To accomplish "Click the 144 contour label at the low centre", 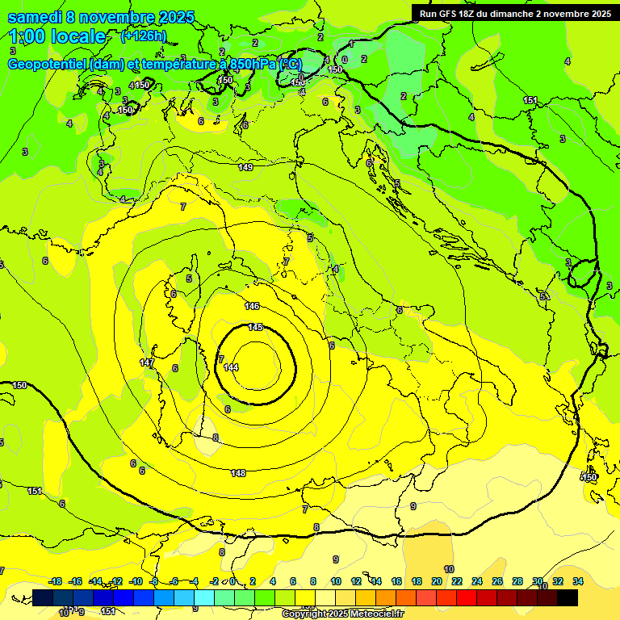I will coord(231,367).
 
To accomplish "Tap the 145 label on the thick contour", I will coord(255,327).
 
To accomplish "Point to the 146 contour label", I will coord(252,306).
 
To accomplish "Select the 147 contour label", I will coord(147,363).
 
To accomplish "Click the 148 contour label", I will coord(238,473).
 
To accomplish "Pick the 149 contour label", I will coord(245,167).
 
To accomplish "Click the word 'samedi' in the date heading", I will coord(36,17).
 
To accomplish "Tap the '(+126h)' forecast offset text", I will coord(143,36).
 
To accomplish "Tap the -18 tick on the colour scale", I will coord(55,581).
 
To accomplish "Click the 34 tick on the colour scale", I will coord(578,581).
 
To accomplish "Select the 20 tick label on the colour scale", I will coord(437,581).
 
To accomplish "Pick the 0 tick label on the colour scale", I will coord(232,581).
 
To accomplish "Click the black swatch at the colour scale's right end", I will coord(568,597).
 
